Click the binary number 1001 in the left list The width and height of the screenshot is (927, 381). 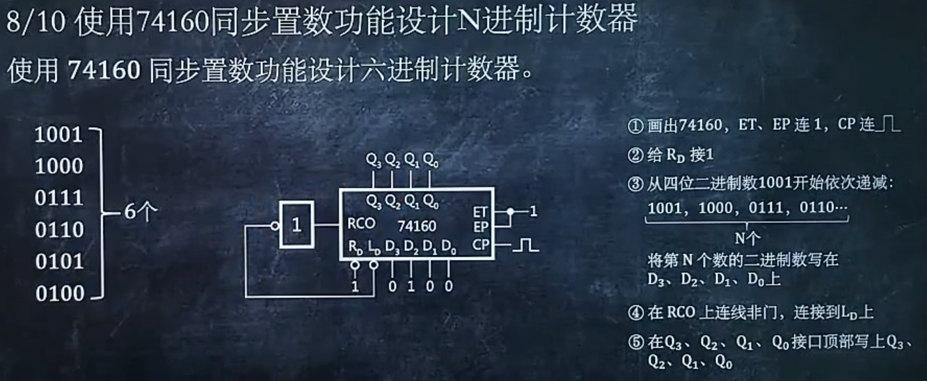click(x=59, y=134)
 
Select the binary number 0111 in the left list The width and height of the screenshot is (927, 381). click(x=59, y=198)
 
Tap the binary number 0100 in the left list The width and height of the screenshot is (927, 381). click(x=59, y=293)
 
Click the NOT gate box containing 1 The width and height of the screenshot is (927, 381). click(x=297, y=225)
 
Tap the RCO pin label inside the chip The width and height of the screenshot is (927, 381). click(x=360, y=225)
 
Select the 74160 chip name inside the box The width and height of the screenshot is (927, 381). click(x=418, y=226)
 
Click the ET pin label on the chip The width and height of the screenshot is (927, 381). click(x=480, y=210)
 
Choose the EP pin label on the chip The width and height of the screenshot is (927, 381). click(x=480, y=226)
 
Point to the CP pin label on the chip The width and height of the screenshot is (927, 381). click(x=481, y=244)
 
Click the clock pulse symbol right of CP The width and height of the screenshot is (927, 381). click(x=528, y=244)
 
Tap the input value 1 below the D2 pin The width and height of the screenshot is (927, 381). click(x=411, y=286)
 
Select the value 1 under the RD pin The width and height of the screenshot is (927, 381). click(x=356, y=286)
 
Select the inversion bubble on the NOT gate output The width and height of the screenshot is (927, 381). click(x=275, y=225)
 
